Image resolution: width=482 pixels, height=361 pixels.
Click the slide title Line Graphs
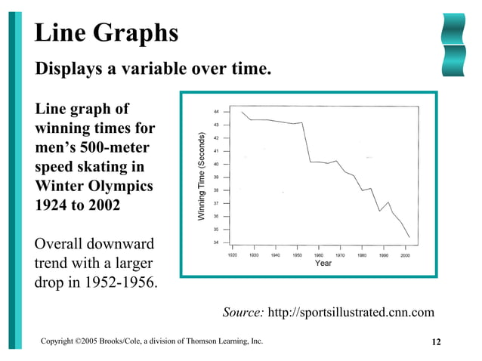point(107,32)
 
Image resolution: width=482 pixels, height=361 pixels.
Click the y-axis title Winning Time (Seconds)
point(202,177)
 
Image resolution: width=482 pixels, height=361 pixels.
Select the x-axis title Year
point(323,264)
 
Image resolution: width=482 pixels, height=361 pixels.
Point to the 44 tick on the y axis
point(216,112)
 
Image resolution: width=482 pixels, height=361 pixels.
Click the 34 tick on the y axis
point(216,242)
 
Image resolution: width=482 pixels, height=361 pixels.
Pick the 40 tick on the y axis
point(216,164)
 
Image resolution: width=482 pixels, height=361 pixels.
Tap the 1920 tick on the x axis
point(233,256)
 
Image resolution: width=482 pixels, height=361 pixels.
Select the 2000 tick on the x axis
point(405,256)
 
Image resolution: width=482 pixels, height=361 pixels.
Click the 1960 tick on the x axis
point(319,256)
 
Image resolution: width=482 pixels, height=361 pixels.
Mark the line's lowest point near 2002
point(409,237)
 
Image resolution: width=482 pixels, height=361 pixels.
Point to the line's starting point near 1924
point(242,112)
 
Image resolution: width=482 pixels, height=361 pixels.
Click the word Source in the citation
point(243,312)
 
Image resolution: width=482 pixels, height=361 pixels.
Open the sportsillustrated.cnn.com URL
point(352,312)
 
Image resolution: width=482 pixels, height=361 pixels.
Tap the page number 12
point(436,343)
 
